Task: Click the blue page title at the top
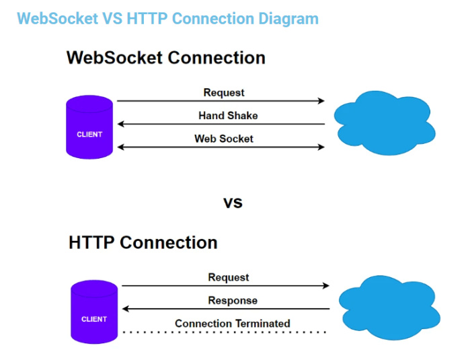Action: coord(167,18)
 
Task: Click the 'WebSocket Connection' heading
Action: coord(165,58)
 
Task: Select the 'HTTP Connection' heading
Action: coord(143,242)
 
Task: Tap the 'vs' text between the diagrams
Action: coord(233,202)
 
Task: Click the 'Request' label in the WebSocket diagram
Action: coord(224,93)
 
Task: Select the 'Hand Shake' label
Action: coord(228,116)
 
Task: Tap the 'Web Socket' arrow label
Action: coord(224,139)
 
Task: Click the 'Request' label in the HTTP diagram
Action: coord(229,277)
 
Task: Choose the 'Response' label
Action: coord(233,300)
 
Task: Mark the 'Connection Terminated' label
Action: coord(233,324)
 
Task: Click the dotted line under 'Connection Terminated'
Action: coord(224,332)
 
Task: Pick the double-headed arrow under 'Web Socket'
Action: coord(221,147)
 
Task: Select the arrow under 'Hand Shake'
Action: coord(221,124)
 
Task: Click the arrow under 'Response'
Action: coord(226,309)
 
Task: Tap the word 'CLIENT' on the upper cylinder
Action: coord(89,135)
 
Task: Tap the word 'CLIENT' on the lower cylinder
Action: coord(94,319)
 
